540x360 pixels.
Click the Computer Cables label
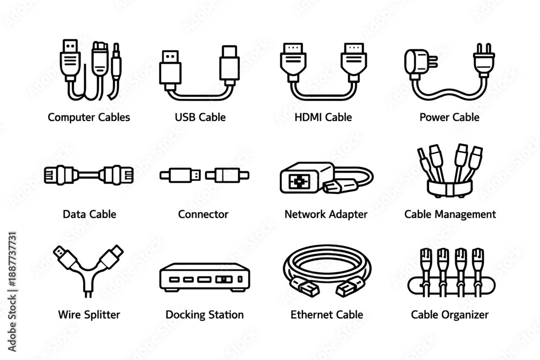89,117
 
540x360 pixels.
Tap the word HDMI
308,117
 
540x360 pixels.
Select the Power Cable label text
449,117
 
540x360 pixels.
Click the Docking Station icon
205,277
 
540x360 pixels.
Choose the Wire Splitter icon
89,270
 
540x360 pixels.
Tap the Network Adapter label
326,214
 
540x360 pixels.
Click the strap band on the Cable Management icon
450,188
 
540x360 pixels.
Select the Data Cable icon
89,175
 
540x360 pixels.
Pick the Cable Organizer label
450,315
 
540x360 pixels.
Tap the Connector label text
203,214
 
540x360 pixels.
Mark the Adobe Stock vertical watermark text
12,292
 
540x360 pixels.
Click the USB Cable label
200,117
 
